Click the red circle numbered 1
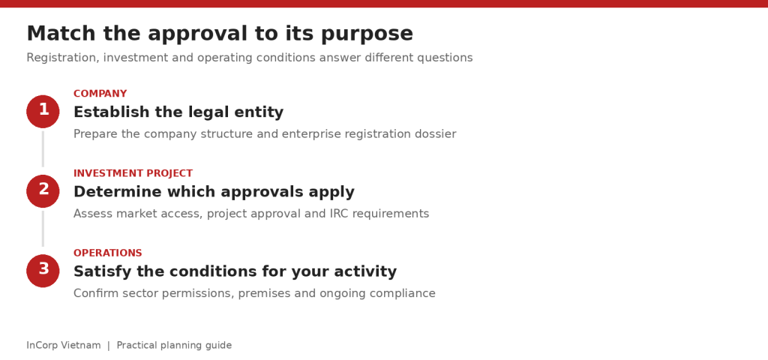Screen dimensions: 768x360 pos(43,112)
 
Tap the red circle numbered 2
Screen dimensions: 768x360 pos(43,191)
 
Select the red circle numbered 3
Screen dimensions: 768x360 pos(43,271)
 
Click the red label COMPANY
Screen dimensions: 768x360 pos(100,94)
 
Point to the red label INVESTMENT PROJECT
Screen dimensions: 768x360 pos(133,173)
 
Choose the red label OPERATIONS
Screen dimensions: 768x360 pos(108,253)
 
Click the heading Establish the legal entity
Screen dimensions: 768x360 pos(178,112)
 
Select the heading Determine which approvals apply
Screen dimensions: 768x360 pos(214,191)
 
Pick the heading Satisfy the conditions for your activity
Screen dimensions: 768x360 pos(235,271)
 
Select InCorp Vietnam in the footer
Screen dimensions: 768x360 pos(64,345)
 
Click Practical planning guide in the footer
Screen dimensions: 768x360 pos(174,346)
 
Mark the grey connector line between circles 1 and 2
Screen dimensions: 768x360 pos(43,149)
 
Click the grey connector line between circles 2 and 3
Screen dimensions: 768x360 pos(43,229)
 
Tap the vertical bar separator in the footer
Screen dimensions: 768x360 pos(109,346)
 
